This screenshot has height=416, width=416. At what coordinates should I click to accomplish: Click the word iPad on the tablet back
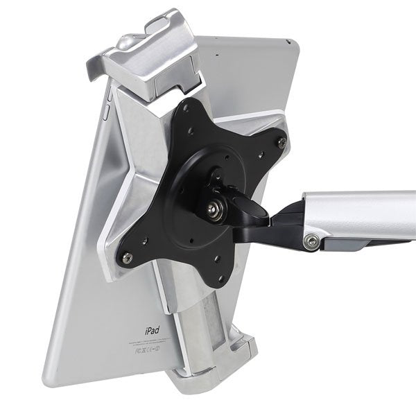pyautogui.click(x=152, y=332)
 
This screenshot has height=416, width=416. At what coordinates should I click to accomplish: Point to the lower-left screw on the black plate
pyautogui.click(x=128, y=257)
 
